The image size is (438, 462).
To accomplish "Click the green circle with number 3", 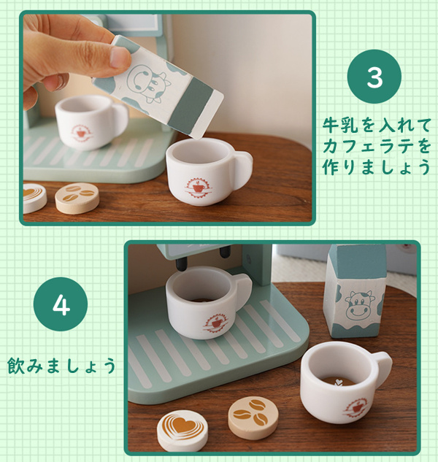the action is click(x=374, y=77).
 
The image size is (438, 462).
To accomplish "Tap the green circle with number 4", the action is click(x=61, y=304).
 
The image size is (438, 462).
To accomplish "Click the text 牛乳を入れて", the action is click(x=377, y=125).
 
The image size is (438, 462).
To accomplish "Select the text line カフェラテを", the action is click(x=377, y=146).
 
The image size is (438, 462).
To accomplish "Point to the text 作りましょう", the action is click(x=376, y=166).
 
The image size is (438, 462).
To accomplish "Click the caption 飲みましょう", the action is click(x=61, y=366).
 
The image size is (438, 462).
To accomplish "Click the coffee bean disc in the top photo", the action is click(x=77, y=198).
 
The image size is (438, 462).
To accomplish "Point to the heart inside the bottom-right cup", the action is click(x=339, y=382).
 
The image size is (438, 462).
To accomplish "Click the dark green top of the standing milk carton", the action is click(x=358, y=261).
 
